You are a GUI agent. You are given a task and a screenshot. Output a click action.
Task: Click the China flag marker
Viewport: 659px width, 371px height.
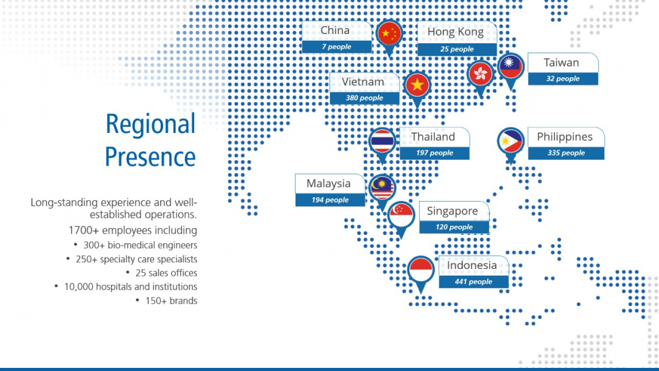click(x=389, y=35)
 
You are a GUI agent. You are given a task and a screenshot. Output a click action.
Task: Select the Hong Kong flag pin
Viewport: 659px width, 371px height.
click(x=480, y=77)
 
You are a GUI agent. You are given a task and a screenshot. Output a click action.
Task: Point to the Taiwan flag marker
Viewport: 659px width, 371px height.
click(x=511, y=69)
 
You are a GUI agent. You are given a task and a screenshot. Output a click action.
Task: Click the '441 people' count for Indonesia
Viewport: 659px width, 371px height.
click(x=474, y=281)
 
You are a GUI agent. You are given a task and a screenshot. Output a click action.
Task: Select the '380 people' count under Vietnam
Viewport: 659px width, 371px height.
click(x=364, y=98)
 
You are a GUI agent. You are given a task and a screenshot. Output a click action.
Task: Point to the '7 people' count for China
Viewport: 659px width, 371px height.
click(x=337, y=46)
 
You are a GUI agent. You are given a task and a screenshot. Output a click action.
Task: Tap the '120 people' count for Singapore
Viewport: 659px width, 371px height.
click(x=454, y=227)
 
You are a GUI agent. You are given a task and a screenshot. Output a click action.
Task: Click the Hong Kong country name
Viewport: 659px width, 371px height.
click(x=456, y=32)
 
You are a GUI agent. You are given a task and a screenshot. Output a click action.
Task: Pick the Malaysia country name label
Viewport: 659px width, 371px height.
click(x=328, y=184)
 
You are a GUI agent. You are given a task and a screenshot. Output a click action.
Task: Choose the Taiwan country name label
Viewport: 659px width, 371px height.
click(x=561, y=62)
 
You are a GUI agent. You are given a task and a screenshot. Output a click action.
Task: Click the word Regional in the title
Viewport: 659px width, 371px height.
click(x=150, y=124)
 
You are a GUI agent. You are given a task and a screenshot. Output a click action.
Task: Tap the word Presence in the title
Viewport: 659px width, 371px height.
click(x=150, y=156)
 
